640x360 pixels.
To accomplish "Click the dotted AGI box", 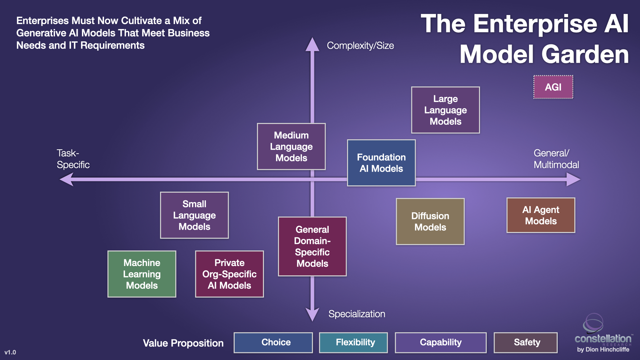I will [553, 87].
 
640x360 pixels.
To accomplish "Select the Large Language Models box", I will [445, 110].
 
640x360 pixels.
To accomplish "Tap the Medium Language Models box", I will [291, 147].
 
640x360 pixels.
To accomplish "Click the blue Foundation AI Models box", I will [381, 163].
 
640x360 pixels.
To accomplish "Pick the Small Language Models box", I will [194, 215].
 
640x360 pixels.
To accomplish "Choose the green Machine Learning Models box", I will [142, 274].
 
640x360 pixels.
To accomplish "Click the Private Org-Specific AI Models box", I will [229, 274].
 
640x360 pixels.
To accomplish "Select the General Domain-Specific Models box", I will [312, 246].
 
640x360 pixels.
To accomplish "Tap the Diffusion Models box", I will [430, 222].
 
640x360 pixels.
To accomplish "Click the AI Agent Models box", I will [541, 215].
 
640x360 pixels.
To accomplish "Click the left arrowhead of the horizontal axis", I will [67, 179].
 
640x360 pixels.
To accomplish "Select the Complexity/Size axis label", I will [360, 46].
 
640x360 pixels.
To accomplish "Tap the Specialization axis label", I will [357, 314].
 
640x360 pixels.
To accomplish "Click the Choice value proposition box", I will [273, 342].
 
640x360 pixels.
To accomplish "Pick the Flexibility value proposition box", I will [353, 342].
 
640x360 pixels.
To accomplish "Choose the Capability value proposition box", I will [441, 342].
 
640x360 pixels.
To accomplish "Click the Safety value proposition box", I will [526, 342].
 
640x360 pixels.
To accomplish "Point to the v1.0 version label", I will [10, 352].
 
